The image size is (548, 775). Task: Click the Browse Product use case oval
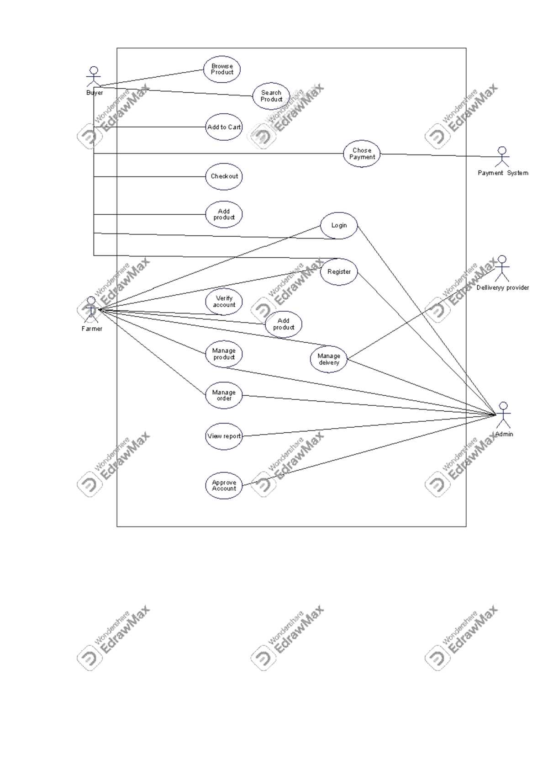222,69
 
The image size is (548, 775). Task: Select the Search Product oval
271,96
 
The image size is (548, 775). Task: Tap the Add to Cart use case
224,127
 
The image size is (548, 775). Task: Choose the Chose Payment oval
362,154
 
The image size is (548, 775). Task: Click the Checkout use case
224,176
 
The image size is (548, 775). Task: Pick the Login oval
339,225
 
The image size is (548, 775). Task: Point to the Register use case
339,272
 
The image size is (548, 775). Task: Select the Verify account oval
224,302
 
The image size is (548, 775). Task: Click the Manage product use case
224,354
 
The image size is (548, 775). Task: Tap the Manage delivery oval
329,359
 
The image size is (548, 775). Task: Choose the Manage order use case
224,395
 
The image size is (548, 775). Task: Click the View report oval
224,436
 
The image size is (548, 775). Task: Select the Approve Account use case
224,485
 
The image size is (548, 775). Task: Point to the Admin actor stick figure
503,414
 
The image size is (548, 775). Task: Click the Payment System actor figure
502,157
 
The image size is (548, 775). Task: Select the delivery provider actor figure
502,268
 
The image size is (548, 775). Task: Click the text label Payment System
503,173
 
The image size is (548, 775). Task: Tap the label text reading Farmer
92,329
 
